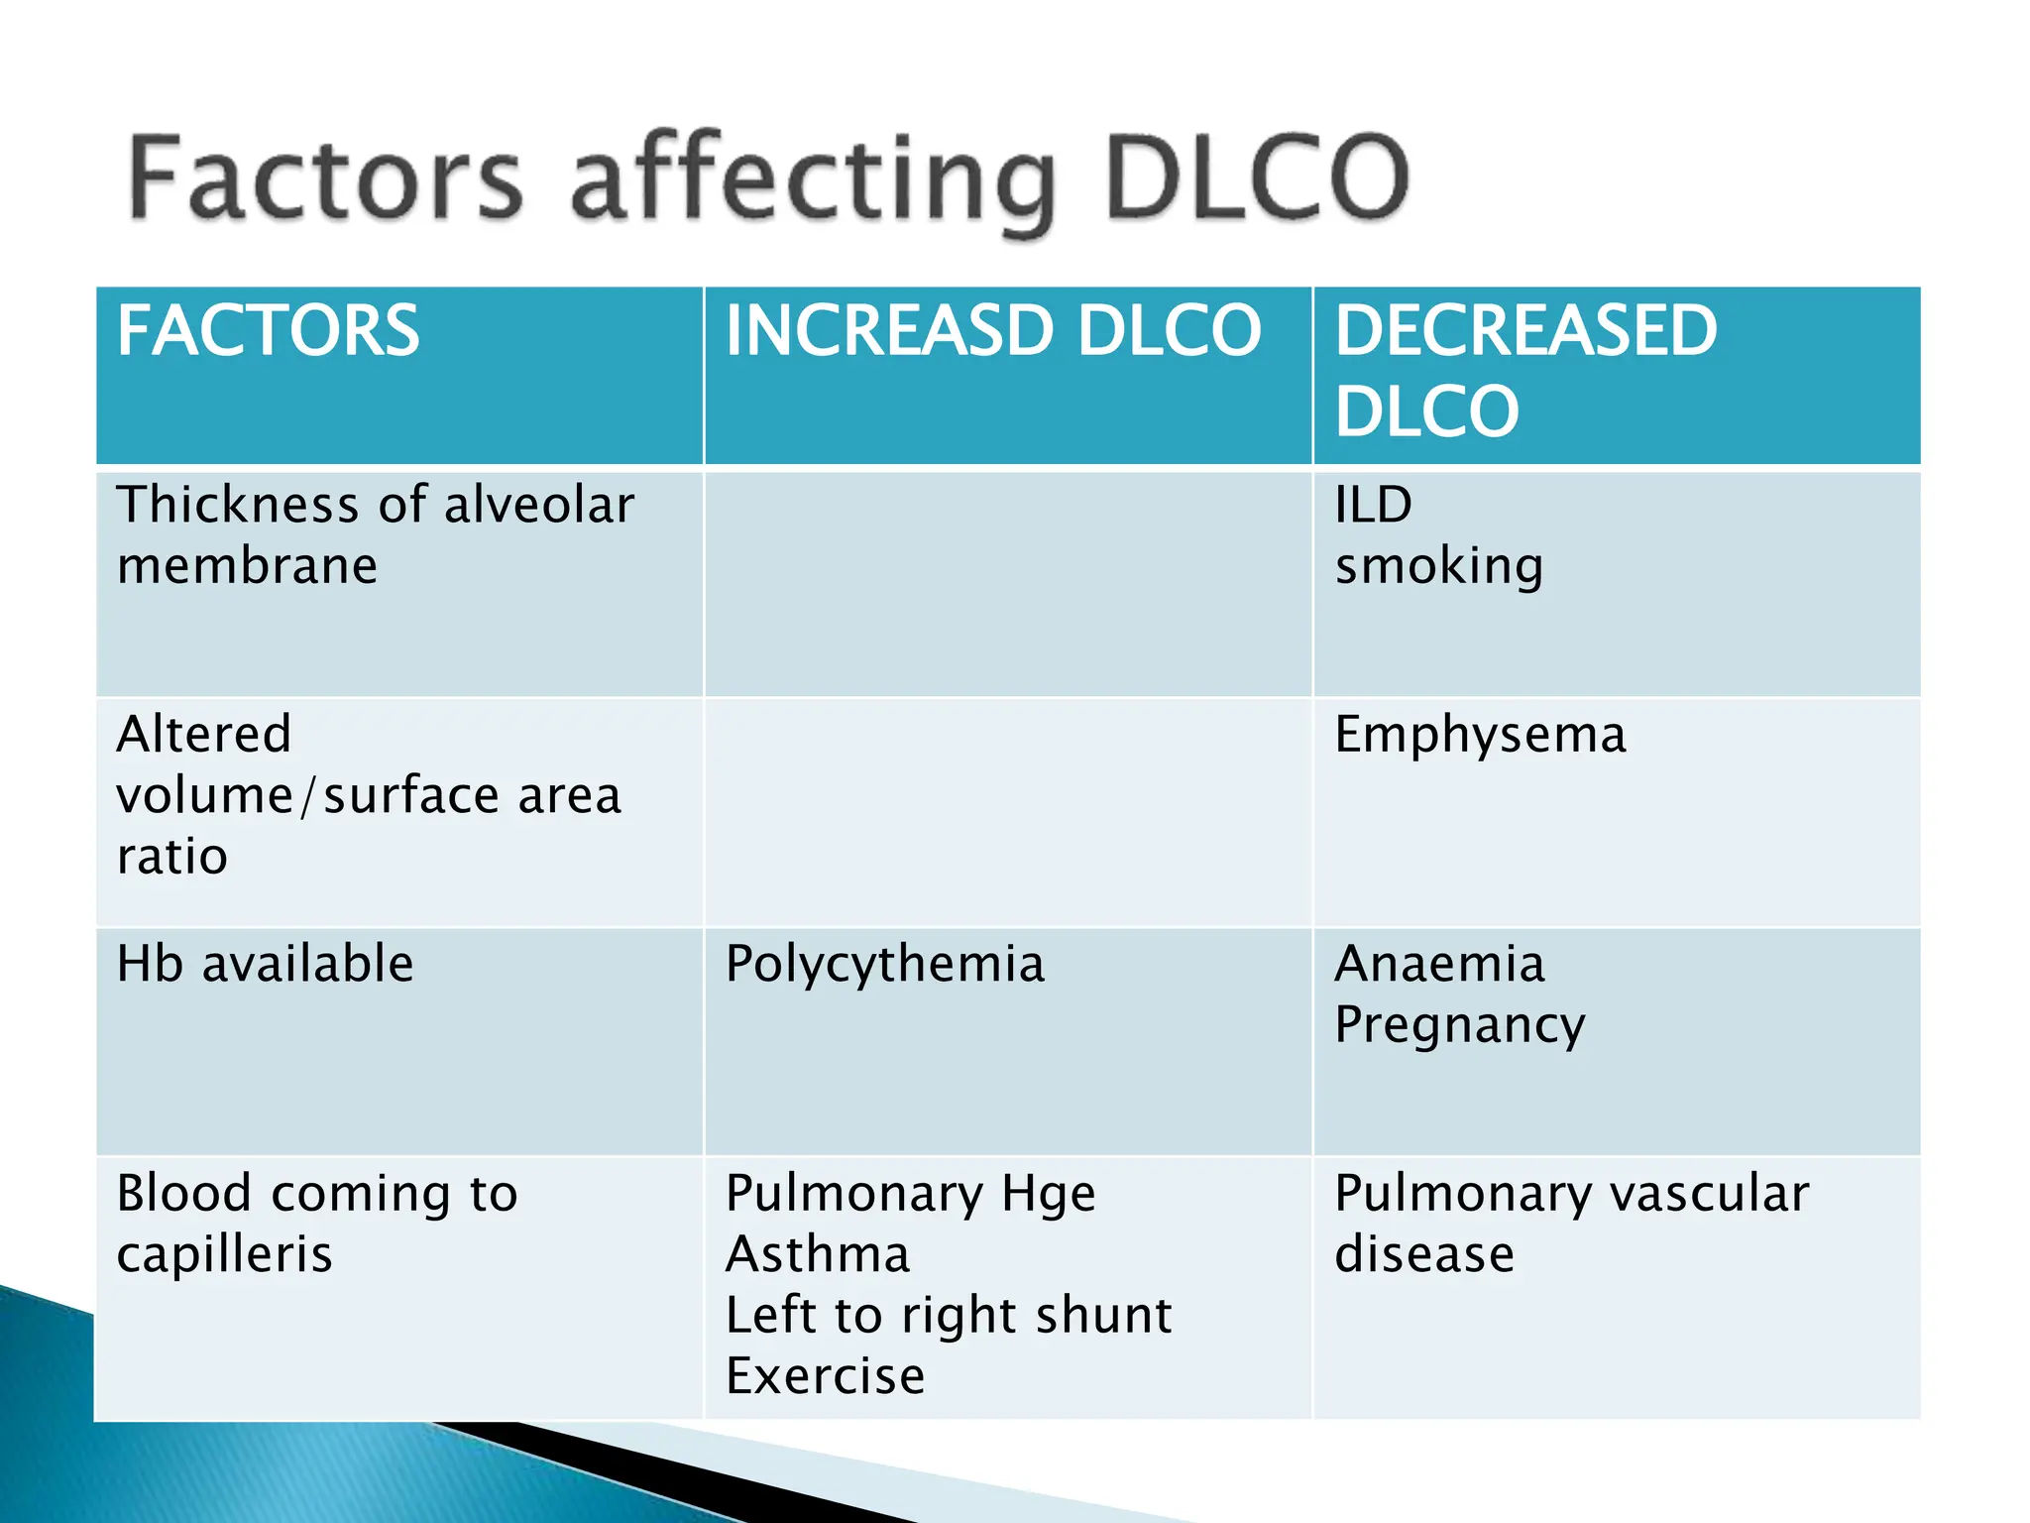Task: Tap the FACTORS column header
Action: click(x=269, y=331)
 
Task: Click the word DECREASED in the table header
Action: click(x=1525, y=331)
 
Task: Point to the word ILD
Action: click(x=1373, y=506)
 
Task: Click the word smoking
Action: click(x=1438, y=567)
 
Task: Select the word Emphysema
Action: click(x=1480, y=736)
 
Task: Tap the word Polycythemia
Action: click(x=885, y=965)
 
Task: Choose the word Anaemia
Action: click(x=1439, y=965)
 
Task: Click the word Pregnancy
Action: click(x=1459, y=1026)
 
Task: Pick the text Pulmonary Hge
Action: click(x=910, y=1194)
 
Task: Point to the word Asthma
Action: click(x=818, y=1255)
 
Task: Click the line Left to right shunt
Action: click(x=949, y=1316)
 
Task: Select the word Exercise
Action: click(x=825, y=1377)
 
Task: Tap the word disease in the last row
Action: click(x=1424, y=1255)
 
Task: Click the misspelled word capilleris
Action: click(x=224, y=1255)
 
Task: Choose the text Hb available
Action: click(x=265, y=965)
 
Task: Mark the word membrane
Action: click(x=247, y=567)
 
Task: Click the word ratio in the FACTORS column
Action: click(x=172, y=857)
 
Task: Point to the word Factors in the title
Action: click(x=325, y=178)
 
